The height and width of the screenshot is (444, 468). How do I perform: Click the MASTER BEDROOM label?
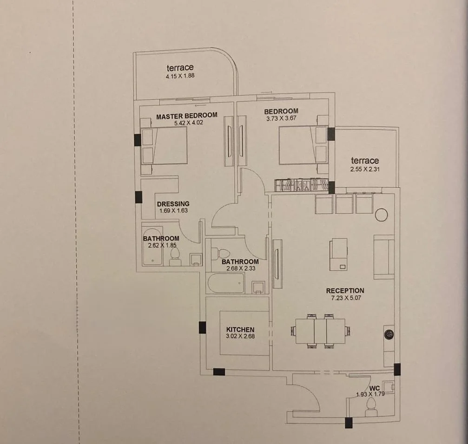pyautogui.click(x=187, y=116)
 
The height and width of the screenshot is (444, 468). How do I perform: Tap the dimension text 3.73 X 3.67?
pyautogui.click(x=281, y=118)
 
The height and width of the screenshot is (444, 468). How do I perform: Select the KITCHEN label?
pyautogui.click(x=240, y=329)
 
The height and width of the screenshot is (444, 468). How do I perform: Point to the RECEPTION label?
pyautogui.click(x=345, y=290)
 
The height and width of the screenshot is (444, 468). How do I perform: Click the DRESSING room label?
pyautogui.click(x=173, y=204)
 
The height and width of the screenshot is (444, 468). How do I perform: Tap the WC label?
pyautogui.click(x=375, y=388)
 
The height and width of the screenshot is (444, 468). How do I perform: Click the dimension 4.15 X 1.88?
pyautogui.click(x=180, y=76)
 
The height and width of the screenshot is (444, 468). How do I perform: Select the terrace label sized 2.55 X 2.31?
pyautogui.click(x=365, y=161)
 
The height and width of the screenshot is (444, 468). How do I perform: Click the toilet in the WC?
pyautogui.click(x=371, y=407)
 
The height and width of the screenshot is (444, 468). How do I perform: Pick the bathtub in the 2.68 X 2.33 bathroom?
pyautogui.click(x=226, y=283)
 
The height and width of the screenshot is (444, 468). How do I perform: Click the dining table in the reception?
pyautogui.click(x=320, y=331)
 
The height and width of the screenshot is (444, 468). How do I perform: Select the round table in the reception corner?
pyautogui.click(x=381, y=215)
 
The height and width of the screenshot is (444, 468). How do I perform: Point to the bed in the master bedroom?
pyautogui.click(x=165, y=145)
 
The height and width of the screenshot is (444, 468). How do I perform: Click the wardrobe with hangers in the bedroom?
pyautogui.click(x=302, y=185)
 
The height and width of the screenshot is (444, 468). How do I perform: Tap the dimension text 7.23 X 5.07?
pyautogui.click(x=346, y=298)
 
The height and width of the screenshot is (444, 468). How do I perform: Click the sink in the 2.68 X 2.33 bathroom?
pyautogui.click(x=258, y=287)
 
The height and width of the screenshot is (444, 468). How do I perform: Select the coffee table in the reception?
pyautogui.click(x=338, y=255)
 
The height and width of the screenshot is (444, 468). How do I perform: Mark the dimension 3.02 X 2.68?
pyautogui.click(x=240, y=336)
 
